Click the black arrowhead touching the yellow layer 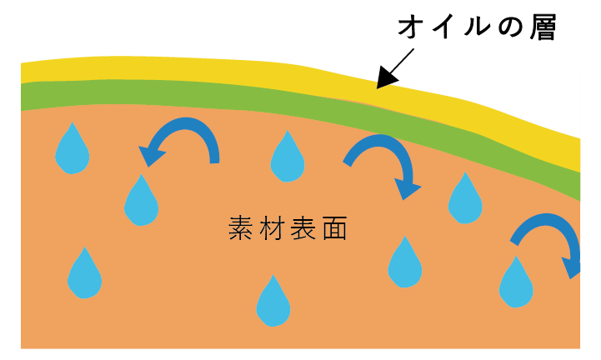(x=385, y=80)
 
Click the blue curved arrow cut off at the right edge (x=548, y=241)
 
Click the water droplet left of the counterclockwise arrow (x=73, y=151)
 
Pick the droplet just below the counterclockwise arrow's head (x=141, y=202)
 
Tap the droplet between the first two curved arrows (x=288, y=157)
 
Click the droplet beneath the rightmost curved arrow (x=516, y=284)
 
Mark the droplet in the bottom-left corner (x=84, y=276)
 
